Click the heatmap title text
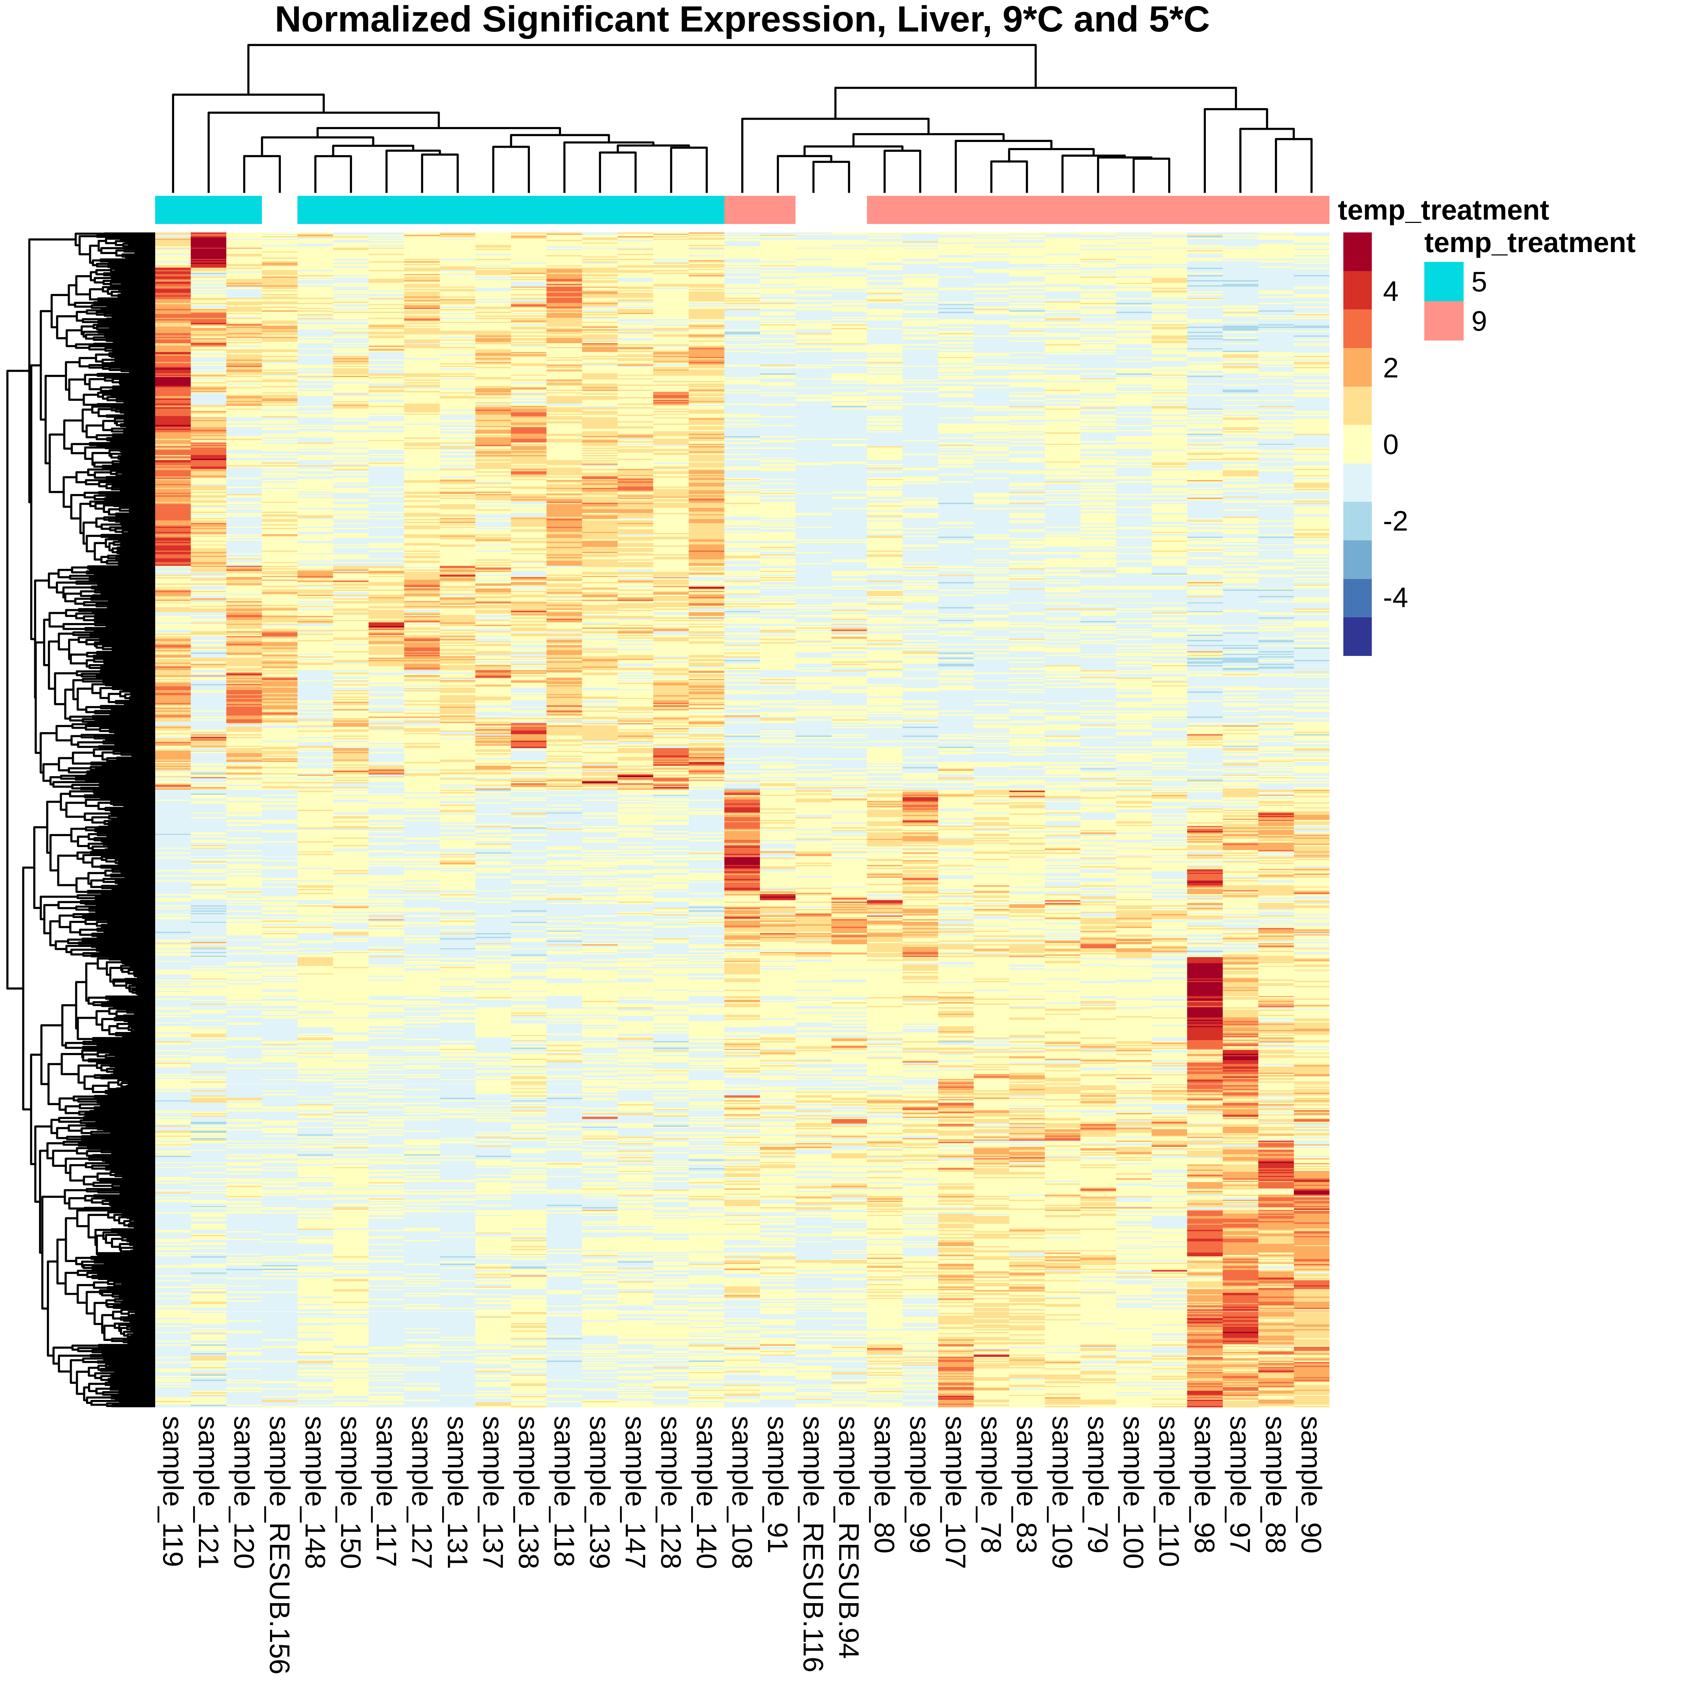click(742, 20)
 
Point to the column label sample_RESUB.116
click(813, 1543)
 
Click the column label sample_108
click(742, 1491)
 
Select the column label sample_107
click(955, 1491)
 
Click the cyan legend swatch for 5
click(1443, 282)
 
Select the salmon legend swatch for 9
click(1443, 321)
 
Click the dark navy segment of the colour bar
click(1357, 637)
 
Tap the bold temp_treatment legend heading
click(1529, 243)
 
